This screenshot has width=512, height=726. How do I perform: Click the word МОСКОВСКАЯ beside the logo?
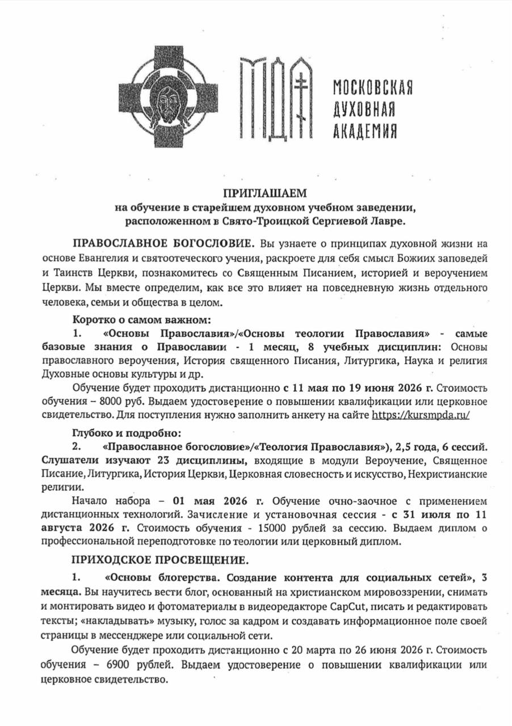tap(372, 88)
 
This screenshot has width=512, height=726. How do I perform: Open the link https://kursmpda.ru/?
tap(421, 415)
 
